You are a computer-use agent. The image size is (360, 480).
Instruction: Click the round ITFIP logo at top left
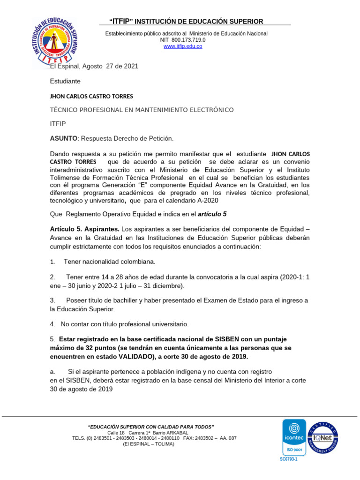[x=55, y=42]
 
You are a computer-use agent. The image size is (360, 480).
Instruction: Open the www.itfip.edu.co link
[x=182, y=46]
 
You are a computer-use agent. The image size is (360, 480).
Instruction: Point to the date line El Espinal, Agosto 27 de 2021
[x=94, y=67]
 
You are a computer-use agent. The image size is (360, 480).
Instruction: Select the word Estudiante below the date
[x=65, y=81]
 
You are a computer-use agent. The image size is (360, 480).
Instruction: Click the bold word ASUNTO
[x=63, y=138]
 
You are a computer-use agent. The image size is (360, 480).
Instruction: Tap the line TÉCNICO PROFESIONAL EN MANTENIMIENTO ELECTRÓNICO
[x=142, y=110]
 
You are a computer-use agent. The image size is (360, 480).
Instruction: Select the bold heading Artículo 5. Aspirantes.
[x=85, y=229]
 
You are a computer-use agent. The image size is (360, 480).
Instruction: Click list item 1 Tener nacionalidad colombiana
[x=109, y=262]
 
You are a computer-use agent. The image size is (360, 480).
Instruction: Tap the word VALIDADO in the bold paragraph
[x=132, y=356]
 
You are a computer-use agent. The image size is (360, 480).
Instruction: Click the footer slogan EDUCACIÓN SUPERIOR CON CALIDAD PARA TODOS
[x=151, y=427]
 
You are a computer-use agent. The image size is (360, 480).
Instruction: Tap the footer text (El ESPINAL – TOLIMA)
[x=148, y=444]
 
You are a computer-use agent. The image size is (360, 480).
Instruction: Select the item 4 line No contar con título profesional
[x=119, y=324]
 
